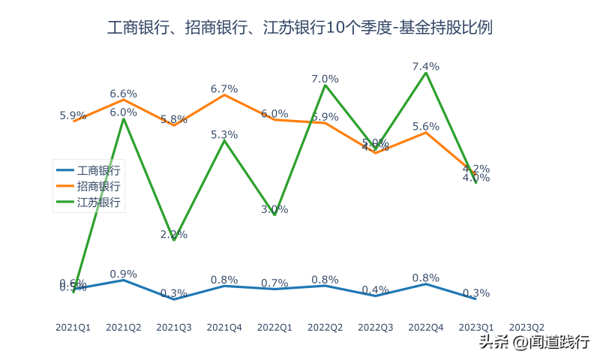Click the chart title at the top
tap(300, 28)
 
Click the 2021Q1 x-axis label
tap(73, 327)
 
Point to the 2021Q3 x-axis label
tap(174, 327)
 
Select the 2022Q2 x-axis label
tap(325, 327)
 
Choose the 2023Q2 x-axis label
tap(526, 327)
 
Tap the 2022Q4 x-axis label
tap(426, 327)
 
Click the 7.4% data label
tap(426, 66)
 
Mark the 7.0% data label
tap(325, 79)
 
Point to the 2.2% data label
tap(174, 234)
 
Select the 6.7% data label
tap(224, 88)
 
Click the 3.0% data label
tap(274, 209)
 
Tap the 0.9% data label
tap(124, 274)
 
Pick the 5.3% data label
tap(224, 134)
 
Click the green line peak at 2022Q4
tap(426, 73)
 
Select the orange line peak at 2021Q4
tap(224, 95)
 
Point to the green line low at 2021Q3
tap(174, 240)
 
